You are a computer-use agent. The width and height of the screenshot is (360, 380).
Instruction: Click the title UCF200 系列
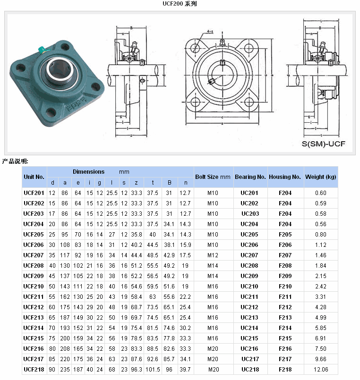[180, 4]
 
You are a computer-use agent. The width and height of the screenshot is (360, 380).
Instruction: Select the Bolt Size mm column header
[213, 177]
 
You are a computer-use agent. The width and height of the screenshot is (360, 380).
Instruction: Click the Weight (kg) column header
[321, 177]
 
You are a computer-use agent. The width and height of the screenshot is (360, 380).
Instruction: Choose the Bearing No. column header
[250, 177]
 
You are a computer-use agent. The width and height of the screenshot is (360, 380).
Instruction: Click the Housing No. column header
[285, 177]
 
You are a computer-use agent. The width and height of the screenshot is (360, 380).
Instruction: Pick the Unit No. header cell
[34, 177]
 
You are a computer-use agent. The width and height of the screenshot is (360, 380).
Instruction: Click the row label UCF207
[34, 255]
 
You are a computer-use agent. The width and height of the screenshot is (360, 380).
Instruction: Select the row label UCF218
[34, 370]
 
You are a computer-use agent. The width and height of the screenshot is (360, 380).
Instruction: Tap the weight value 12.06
[321, 370]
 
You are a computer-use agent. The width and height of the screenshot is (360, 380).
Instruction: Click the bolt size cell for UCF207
[213, 255]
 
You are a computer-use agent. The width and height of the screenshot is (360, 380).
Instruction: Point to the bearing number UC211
[250, 297]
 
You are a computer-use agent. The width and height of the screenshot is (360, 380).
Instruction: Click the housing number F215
[285, 338]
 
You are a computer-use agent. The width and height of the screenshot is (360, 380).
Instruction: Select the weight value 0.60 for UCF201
[321, 193]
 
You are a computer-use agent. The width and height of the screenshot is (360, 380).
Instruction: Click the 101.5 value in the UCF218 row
[153, 370]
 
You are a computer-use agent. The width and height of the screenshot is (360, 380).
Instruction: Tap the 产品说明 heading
[15, 161]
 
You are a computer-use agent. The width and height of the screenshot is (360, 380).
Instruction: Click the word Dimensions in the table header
[89, 172]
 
